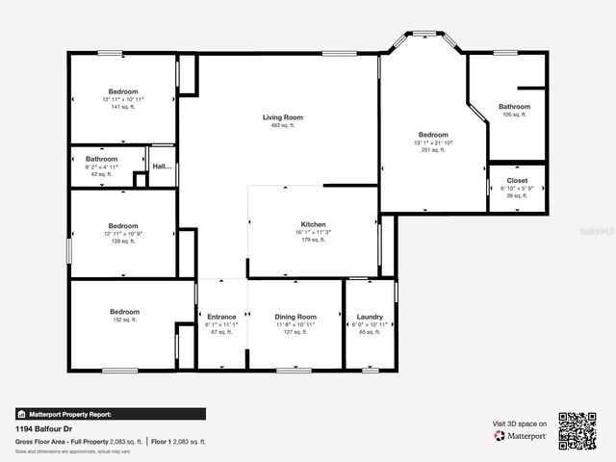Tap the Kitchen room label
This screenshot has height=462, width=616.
[313, 223]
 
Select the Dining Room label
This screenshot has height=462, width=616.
[295, 317]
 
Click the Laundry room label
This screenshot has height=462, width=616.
[370, 317]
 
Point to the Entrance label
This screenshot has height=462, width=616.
[221, 317]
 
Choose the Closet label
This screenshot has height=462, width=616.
[517, 180]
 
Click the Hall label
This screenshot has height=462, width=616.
[162, 167]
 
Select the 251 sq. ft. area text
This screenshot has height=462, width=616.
[433, 150]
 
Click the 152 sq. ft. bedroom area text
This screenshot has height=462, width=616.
[124, 320]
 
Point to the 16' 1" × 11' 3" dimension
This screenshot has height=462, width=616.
[313, 232]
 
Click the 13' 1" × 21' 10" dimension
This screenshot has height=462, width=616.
[433, 142]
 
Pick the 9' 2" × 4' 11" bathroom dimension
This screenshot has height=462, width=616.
[101, 167]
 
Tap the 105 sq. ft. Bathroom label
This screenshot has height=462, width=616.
[514, 107]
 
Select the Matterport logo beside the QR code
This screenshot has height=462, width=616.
[521, 435]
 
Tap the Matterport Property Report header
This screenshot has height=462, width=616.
[68, 414]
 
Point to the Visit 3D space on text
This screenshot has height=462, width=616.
[520, 423]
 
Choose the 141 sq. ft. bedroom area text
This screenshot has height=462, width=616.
[124, 107]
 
